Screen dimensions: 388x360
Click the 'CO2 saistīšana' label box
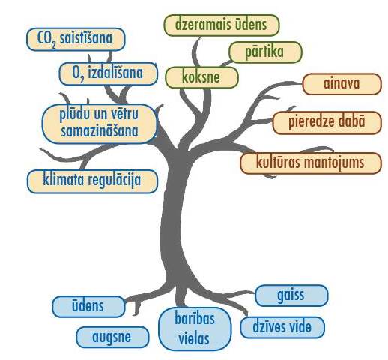(76, 39)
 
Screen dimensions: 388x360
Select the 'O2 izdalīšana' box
(109, 73)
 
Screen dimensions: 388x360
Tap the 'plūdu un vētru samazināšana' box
(100, 124)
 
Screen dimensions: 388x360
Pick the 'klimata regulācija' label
(92, 181)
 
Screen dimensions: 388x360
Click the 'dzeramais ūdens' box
(222, 25)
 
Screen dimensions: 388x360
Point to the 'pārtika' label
(265, 52)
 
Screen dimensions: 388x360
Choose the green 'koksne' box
(201, 77)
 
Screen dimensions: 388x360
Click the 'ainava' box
(342, 84)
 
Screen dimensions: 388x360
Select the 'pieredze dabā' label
(327, 123)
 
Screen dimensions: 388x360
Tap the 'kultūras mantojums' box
(311, 163)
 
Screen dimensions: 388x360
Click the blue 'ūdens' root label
(88, 307)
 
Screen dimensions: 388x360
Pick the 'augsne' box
(112, 337)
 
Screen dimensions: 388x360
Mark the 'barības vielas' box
(195, 328)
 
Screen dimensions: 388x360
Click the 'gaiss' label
(291, 295)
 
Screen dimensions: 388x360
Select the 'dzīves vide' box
(282, 328)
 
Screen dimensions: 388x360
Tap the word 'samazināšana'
(100, 131)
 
